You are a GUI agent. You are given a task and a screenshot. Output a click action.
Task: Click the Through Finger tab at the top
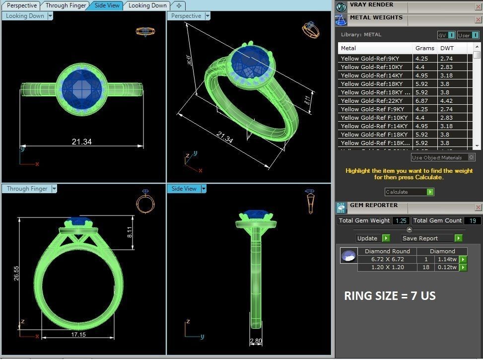66,5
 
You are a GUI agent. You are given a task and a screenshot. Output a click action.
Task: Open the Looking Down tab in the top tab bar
147,5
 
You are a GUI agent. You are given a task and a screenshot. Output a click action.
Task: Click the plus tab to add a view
179,5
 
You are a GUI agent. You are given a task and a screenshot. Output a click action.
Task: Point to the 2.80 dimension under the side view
256,342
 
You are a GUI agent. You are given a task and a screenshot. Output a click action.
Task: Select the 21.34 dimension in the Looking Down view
82,142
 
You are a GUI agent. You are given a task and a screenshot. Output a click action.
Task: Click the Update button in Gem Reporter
367,238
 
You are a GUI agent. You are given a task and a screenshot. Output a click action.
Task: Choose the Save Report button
420,238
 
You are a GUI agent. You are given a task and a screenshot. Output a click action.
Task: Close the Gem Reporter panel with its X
478,207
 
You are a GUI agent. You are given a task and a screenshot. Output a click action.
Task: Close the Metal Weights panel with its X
478,20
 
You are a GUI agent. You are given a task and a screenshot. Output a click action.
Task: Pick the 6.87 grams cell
421,101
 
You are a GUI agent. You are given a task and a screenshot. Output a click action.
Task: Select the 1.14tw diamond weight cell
446,259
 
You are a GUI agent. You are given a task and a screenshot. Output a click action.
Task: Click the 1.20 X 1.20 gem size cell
388,267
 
